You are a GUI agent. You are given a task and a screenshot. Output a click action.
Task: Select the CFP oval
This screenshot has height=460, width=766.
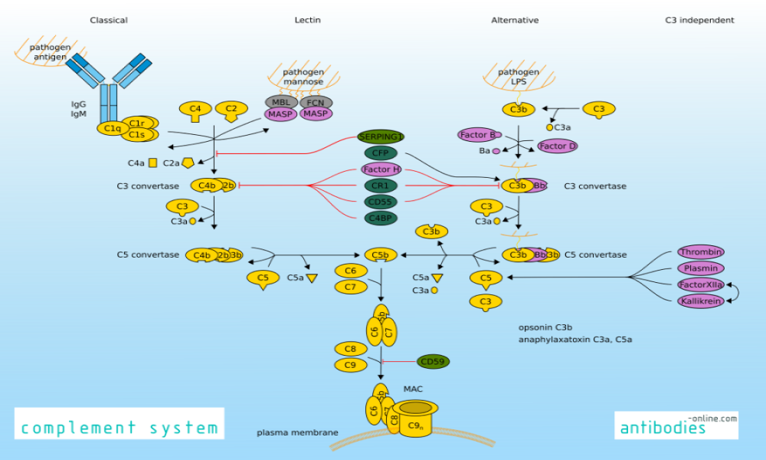tap(381, 153)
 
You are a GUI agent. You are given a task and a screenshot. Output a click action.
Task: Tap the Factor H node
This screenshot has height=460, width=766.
tap(381, 169)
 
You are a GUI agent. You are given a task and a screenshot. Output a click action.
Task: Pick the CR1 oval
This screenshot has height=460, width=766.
tap(381, 186)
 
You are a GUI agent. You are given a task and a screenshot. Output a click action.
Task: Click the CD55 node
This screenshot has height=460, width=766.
tap(381, 202)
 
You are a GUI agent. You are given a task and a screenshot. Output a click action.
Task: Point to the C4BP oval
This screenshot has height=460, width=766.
tap(381, 218)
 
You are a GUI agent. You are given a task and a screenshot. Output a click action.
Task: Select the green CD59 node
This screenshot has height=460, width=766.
tap(434, 362)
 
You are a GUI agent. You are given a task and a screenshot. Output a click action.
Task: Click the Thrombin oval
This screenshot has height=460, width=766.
tap(700, 252)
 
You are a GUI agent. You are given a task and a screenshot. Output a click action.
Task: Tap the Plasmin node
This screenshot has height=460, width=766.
tap(700, 268)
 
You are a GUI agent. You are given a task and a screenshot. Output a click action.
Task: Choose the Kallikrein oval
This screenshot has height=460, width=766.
tap(700, 301)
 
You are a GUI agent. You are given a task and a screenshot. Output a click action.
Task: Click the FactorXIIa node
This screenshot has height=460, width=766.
tap(700, 284)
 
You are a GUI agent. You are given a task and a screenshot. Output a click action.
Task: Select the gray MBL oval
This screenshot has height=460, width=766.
tap(281, 102)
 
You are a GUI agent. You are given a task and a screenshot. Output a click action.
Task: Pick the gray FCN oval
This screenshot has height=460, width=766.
tap(316, 102)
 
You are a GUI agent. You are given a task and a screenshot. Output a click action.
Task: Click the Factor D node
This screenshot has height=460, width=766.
tap(557, 146)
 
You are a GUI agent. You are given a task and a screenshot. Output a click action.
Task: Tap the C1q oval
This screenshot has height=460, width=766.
tap(113, 128)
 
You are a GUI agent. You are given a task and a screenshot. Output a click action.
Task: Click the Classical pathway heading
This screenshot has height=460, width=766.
tap(109, 21)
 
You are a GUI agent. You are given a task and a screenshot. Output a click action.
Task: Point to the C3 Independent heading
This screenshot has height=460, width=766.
tap(699, 21)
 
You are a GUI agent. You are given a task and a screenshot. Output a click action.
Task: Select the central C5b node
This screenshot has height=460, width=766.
tap(381, 255)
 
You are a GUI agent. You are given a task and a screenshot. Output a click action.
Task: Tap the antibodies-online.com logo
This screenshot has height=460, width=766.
tap(676, 425)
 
